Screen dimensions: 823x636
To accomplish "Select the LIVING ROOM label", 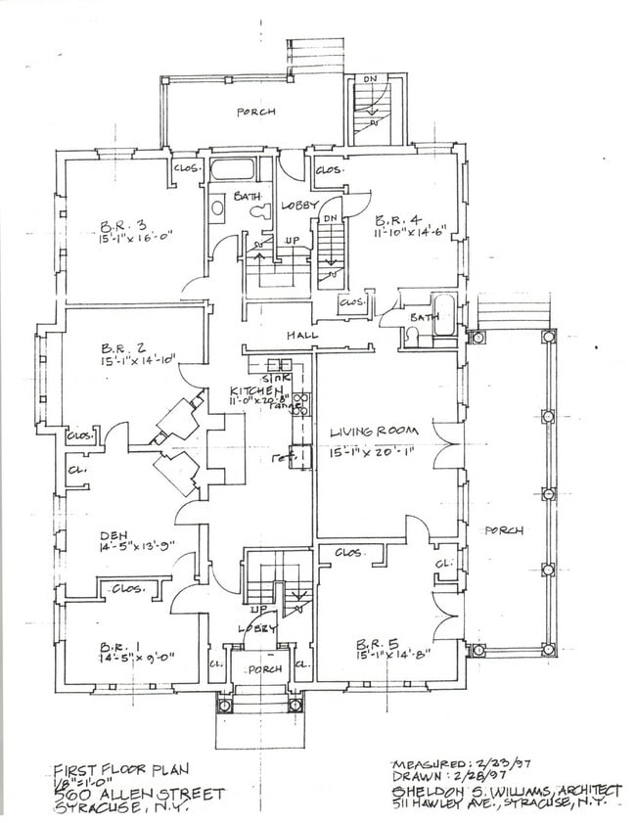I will [x=374, y=431].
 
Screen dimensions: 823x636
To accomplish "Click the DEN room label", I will [x=114, y=535].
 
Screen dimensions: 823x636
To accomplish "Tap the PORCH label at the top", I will [x=255, y=113].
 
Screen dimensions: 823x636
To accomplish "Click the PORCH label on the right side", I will [x=504, y=530].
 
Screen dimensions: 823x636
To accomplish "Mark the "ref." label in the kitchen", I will [x=279, y=456].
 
